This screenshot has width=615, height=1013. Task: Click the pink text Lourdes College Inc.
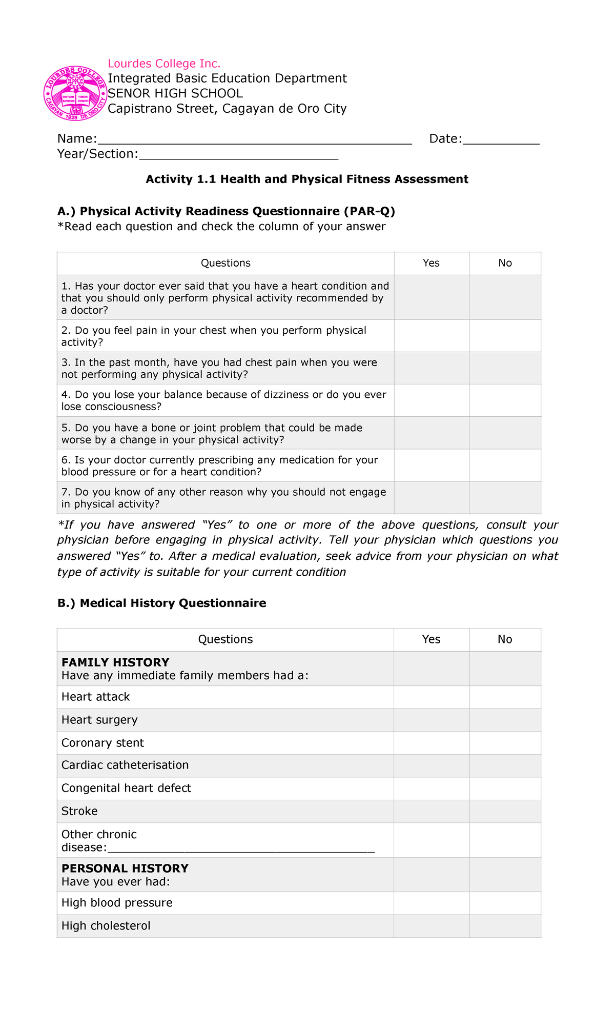coord(164,64)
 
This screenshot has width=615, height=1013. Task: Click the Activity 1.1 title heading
coord(307,179)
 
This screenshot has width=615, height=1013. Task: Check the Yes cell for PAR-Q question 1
coord(432,297)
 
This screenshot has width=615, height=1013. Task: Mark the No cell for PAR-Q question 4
coord(505,400)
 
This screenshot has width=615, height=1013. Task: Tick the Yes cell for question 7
coord(432,498)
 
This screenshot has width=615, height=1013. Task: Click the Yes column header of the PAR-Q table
coord(432,263)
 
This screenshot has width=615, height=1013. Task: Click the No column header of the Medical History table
coord(505,639)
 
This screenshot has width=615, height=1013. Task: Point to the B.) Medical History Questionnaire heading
coord(162,603)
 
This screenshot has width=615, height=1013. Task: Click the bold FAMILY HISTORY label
coord(115,662)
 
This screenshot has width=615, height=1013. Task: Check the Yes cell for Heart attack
coord(432,697)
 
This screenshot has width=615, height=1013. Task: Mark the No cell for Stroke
coord(505,812)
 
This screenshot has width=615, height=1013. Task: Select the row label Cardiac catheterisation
coord(125,765)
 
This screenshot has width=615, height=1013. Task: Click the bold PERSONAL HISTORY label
coord(125,868)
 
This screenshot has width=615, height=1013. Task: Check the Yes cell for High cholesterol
coord(432,926)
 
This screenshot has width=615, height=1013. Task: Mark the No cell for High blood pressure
coord(505,903)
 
